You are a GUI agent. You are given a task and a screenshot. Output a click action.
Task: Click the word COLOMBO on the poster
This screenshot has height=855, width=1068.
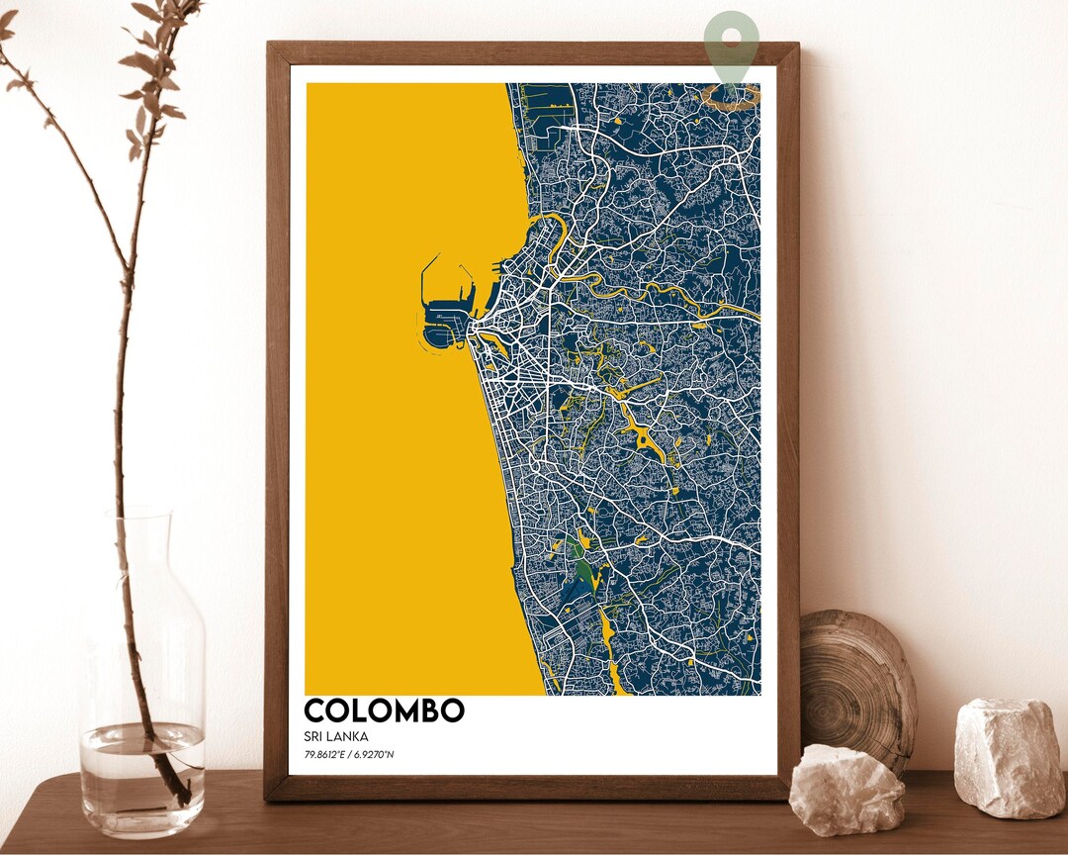tap(384, 711)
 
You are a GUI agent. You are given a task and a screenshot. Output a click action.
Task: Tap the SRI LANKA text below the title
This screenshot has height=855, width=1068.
tap(336, 736)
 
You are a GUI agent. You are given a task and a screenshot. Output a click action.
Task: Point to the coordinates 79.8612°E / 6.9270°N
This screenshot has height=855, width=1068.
tap(350, 757)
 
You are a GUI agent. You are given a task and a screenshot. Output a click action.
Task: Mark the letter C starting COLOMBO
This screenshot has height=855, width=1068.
tap(315, 711)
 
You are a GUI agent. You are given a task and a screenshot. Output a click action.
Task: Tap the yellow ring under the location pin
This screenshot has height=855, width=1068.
tap(731, 96)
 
